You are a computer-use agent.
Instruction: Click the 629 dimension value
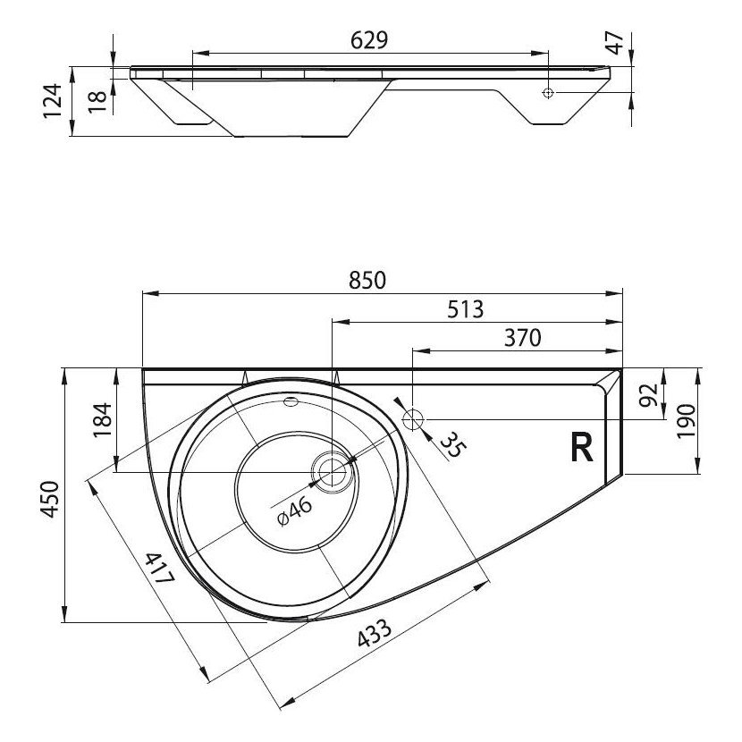pos(369,40)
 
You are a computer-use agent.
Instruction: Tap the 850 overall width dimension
pos(367,280)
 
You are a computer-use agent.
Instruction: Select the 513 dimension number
pos(466,309)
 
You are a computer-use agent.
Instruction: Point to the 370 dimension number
pos(522,338)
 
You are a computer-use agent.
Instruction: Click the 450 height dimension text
pos(50,499)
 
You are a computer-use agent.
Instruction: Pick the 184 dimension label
pos(102,420)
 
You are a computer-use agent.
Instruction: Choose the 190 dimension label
pos(686,421)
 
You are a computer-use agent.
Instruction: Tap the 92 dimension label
pos(648,395)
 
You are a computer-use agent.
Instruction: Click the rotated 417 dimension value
pos(159,568)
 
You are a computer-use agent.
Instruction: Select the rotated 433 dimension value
pos(375,633)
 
